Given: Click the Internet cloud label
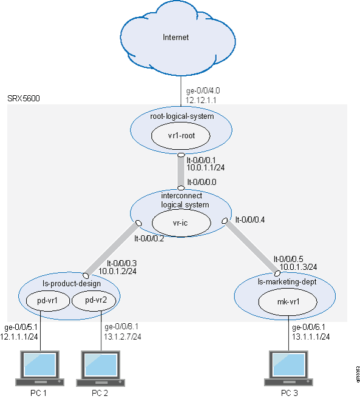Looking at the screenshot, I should [x=176, y=38].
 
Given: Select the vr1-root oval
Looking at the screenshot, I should [x=181, y=135].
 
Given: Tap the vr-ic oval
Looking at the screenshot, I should [x=181, y=223].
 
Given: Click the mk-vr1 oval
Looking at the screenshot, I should [x=284, y=300].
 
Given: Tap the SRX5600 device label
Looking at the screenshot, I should [x=24, y=98].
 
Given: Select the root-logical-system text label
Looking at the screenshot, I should [x=180, y=115].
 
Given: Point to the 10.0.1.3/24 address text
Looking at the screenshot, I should [x=295, y=266].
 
